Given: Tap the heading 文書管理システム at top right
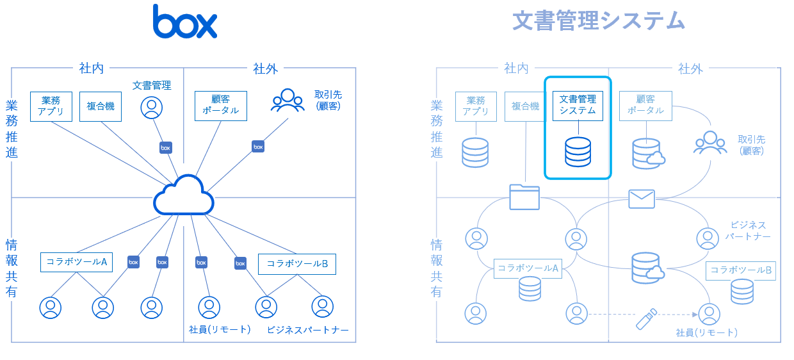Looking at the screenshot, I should pyautogui.click(x=599, y=21).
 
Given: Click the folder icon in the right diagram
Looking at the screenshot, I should pyautogui.click(x=524, y=197).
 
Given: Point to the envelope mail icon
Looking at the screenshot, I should pyautogui.click(x=641, y=199).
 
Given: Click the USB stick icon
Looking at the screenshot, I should pyautogui.click(x=646, y=318).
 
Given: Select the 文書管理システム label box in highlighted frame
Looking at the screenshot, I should pyautogui.click(x=578, y=105).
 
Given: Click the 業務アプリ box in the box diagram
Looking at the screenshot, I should pyautogui.click(x=51, y=106).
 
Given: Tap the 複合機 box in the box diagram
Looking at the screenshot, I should pyautogui.click(x=101, y=106).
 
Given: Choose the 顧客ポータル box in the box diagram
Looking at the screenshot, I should pyautogui.click(x=220, y=105).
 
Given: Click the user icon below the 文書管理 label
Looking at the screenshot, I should pyautogui.click(x=151, y=108).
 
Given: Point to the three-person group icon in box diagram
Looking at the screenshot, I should pyautogui.click(x=288, y=101).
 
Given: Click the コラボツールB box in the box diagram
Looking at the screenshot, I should pyautogui.click(x=297, y=263).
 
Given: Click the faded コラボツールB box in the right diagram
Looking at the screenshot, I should pyautogui.click(x=741, y=270).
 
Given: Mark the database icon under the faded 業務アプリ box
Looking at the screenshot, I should pyautogui.click(x=475, y=152).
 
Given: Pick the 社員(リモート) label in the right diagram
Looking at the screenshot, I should pyautogui.click(x=706, y=332).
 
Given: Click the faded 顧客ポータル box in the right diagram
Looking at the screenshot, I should pyautogui.click(x=645, y=105).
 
